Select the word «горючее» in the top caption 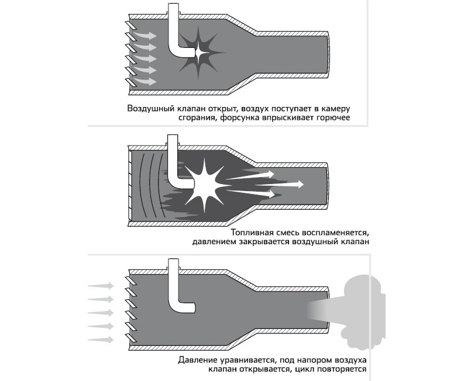pos(333,117)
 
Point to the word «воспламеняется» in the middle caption pos(335,233)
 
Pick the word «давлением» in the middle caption pos(215,242)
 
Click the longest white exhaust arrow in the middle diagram pos(265,184)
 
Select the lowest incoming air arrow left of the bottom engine pos(101,340)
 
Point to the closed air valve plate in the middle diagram pos(130,185)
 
